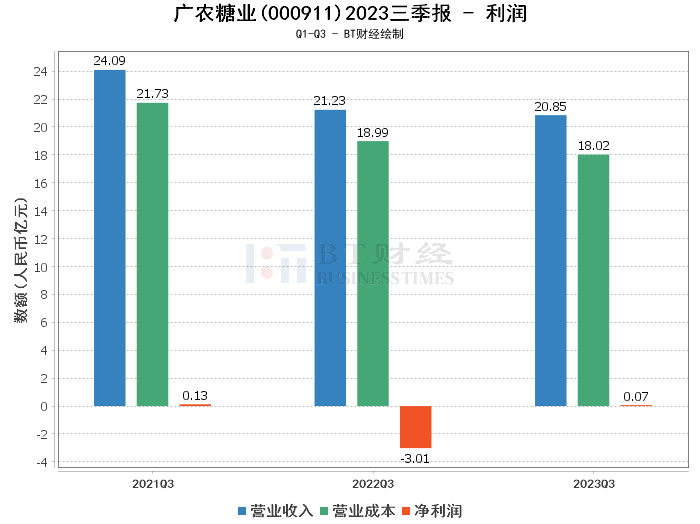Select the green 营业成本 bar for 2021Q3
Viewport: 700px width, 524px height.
pos(153,254)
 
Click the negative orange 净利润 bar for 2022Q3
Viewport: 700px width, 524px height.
pos(416,427)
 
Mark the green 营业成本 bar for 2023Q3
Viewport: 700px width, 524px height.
pos(594,280)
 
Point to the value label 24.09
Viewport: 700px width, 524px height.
pos(110,61)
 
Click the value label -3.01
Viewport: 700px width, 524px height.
pos(416,458)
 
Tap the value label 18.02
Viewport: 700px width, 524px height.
pos(594,145)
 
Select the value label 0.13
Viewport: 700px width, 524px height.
pos(195,395)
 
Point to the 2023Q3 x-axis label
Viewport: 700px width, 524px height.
pos(594,482)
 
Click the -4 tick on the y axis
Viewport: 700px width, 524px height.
pos(40,462)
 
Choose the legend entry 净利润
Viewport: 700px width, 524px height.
pos(431,510)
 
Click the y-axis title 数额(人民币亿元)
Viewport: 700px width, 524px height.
pos(20,266)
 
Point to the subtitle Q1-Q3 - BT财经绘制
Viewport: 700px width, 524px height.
pos(350,34)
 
